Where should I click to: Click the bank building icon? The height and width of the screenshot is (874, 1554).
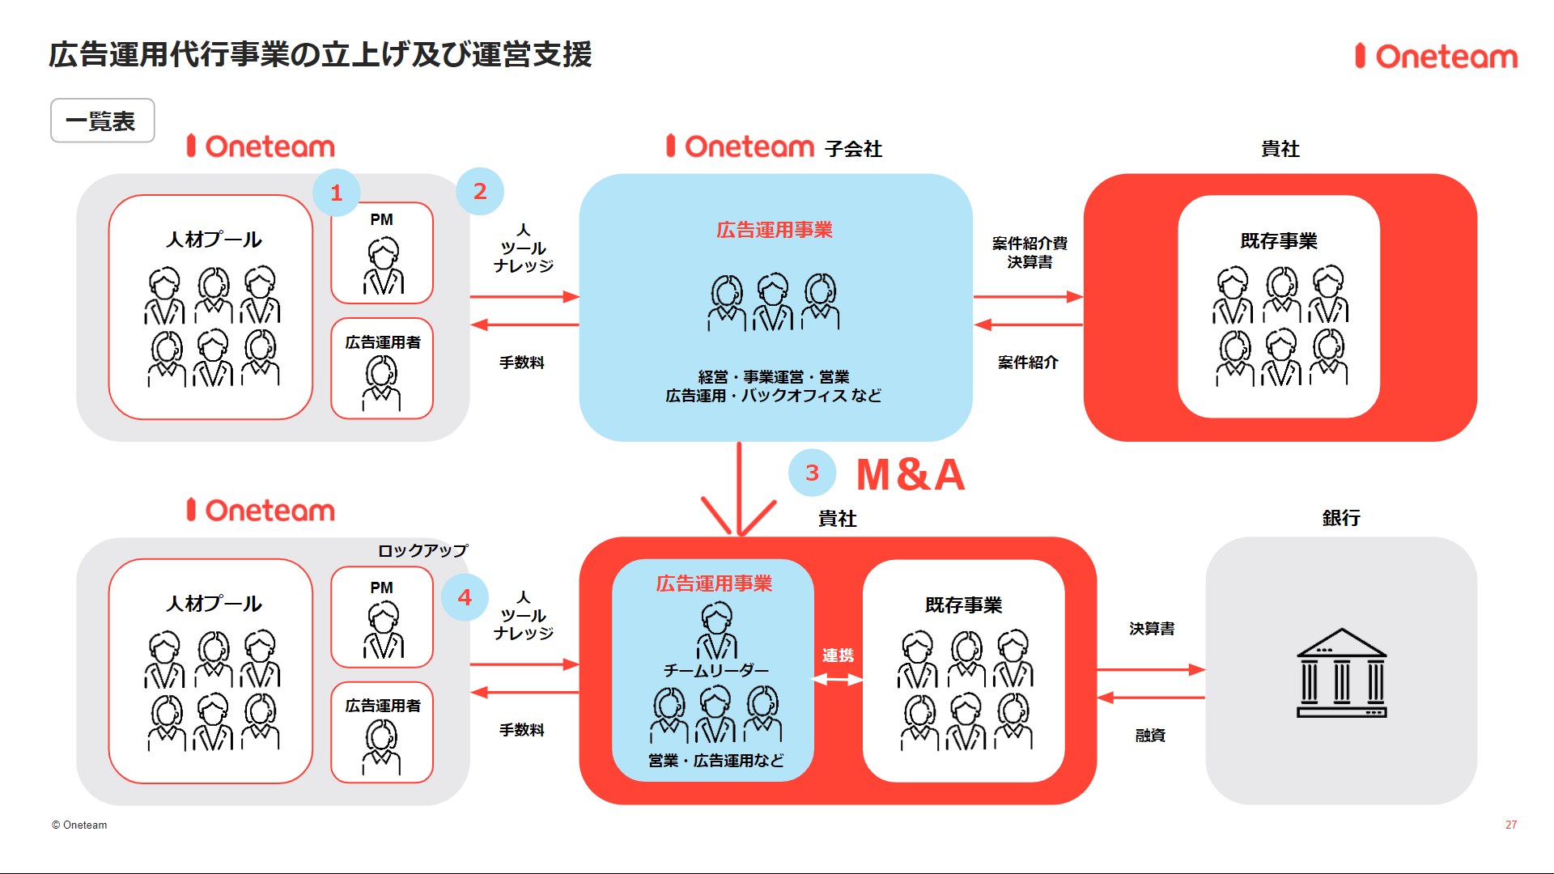pos(1341,673)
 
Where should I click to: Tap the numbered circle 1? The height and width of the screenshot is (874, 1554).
pos(337,193)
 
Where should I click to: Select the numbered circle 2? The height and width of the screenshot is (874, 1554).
pos(480,191)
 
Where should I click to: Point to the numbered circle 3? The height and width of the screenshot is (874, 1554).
pos(812,473)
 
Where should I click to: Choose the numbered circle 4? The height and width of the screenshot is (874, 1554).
pos(465,597)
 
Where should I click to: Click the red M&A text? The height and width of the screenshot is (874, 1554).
pos(911,474)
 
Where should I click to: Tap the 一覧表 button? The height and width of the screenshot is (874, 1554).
pos(102,121)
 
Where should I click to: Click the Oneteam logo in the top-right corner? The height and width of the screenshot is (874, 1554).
pos(1437,57)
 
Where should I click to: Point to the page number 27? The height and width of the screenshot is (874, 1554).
pos(1510,825)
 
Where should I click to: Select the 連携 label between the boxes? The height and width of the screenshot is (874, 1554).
pos(838,655)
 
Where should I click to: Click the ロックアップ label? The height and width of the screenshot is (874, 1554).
pos(422,550)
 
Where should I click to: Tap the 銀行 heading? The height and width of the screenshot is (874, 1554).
pos(1341,518)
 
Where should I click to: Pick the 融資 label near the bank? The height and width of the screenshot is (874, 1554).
pos(1150,735)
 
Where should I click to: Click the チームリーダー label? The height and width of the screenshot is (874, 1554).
pos(715,670)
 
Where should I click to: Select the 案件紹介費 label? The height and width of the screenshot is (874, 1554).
pos(1030,243)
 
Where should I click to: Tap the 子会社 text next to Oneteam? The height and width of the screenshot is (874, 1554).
pos(853,149)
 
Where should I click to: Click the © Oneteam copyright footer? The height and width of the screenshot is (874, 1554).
pos(79,825)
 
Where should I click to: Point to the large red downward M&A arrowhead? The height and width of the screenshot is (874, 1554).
pos(739,518)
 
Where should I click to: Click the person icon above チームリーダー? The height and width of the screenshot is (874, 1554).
pos(716,631)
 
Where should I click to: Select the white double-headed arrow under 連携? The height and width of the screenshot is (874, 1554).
pos(838,680)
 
